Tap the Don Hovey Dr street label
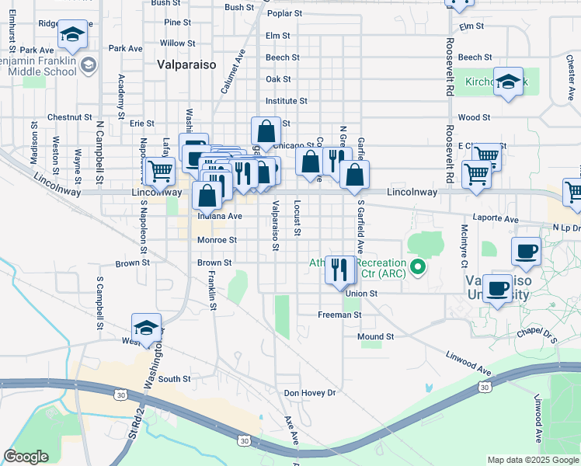[308, 393]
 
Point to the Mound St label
[376, 337]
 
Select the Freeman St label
[339, 315]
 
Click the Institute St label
[286, 101]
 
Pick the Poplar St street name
[284, 14]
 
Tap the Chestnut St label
[69, 117]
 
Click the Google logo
[26, 457]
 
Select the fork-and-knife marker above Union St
[339, 270]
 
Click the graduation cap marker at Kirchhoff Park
[509, 82]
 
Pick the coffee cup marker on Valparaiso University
[497, 289]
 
